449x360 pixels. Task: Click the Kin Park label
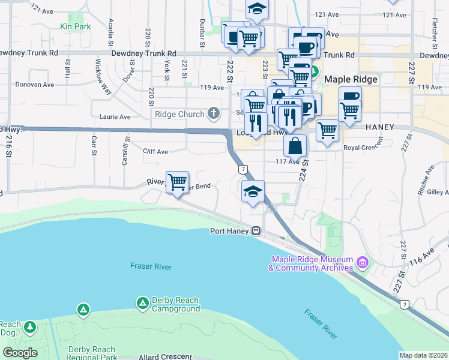[x=75, y=26]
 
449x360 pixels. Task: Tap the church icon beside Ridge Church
[x=213, y=113]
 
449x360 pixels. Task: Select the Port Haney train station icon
[x=256, y=230]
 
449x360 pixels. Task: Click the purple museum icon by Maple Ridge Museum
[x=362, y=263]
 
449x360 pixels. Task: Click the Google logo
[x=20, y=353]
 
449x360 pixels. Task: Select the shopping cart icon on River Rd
[x=177, y=181]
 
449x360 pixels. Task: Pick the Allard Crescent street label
[x=165, y=357]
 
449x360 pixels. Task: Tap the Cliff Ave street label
[x=155, y=152]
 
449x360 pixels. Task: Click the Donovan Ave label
[x=34, y=85]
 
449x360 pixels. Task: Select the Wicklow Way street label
[x=102, y=76]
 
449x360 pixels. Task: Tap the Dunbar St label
[x=203, y=32]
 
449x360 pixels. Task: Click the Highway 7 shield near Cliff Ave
[x=243, y=170]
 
